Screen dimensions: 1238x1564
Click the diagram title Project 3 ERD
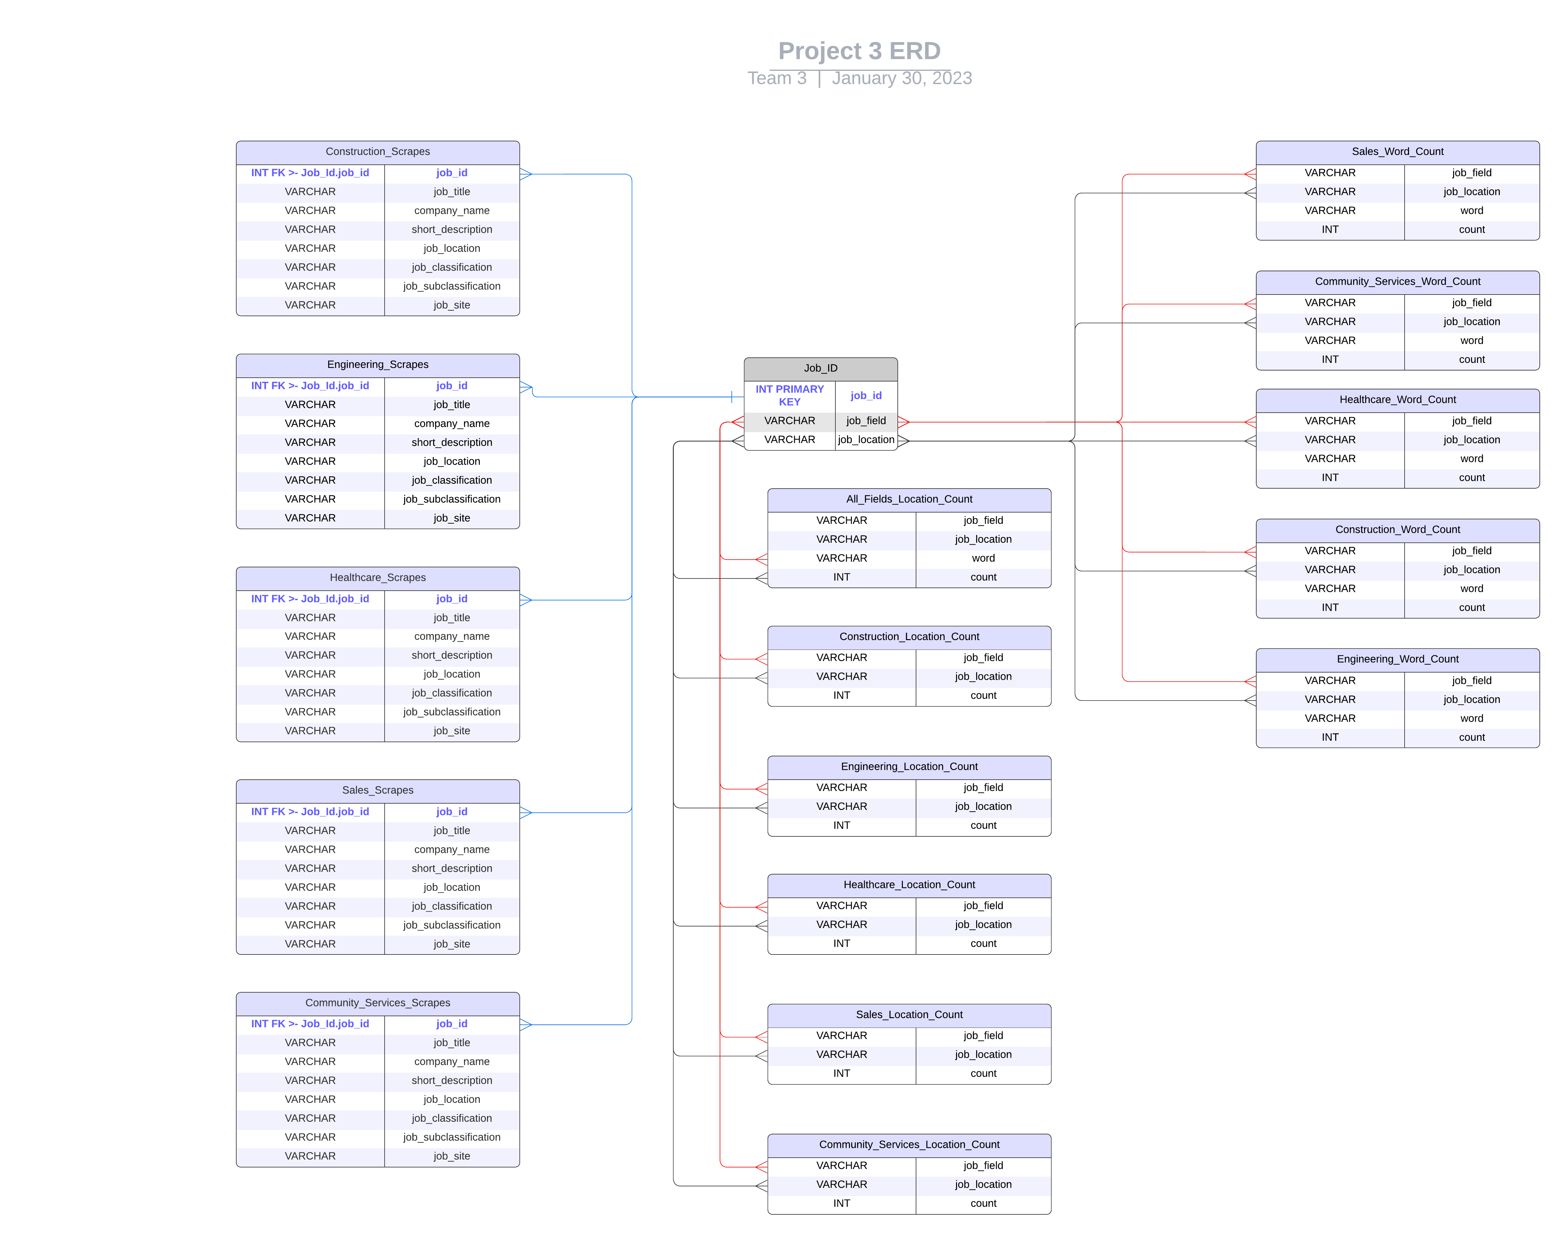(x=859, y=51)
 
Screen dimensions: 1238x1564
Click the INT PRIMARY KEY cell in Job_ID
(x=789, y=395)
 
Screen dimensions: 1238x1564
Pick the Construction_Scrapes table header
(x=378, y=152)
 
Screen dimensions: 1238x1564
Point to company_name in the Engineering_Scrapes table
(x=451, y=423)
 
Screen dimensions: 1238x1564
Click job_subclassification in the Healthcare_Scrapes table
(x=451, y=712)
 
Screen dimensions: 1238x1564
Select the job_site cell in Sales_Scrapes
(x=451, y=944)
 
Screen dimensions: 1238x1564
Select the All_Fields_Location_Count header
(x=909, y=499)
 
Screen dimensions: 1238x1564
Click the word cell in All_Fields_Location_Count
(x=983, y=558)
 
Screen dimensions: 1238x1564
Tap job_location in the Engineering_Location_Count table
(x=983, y=806)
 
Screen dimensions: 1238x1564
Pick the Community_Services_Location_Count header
(x=909, y=1144)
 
